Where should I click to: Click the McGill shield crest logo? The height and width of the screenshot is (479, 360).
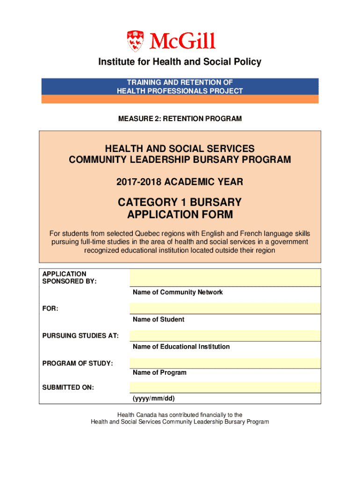coord(136,41)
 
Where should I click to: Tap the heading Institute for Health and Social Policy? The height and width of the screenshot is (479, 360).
coord(180,62)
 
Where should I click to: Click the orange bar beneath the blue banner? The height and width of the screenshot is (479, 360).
coord(180,99)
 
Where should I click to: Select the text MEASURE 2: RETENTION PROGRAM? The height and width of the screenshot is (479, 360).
coord(180,119)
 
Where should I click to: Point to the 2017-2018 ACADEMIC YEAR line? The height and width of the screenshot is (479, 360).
coord(180,181)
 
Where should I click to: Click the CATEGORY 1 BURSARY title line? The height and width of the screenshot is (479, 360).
coord(180,203)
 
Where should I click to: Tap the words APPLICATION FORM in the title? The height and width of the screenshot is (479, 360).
coord(180,215)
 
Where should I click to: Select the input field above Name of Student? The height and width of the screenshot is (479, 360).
coord(225,308)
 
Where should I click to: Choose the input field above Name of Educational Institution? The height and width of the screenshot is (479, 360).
coord(225,335)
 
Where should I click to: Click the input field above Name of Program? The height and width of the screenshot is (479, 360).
coord(225,363)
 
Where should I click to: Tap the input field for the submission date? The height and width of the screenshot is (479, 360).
coord(225,387)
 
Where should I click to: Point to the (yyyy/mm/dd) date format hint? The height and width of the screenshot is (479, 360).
coord(153,399)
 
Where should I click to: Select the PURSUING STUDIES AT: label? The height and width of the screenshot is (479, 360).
coord(80,336)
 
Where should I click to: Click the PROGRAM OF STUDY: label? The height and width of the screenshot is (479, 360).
coord(78,363)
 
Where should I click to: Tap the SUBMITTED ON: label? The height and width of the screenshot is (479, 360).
coord(68,387)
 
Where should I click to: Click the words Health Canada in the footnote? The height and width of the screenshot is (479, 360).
coord(135,414)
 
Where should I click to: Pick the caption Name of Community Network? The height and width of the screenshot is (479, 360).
coord(178,292)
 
